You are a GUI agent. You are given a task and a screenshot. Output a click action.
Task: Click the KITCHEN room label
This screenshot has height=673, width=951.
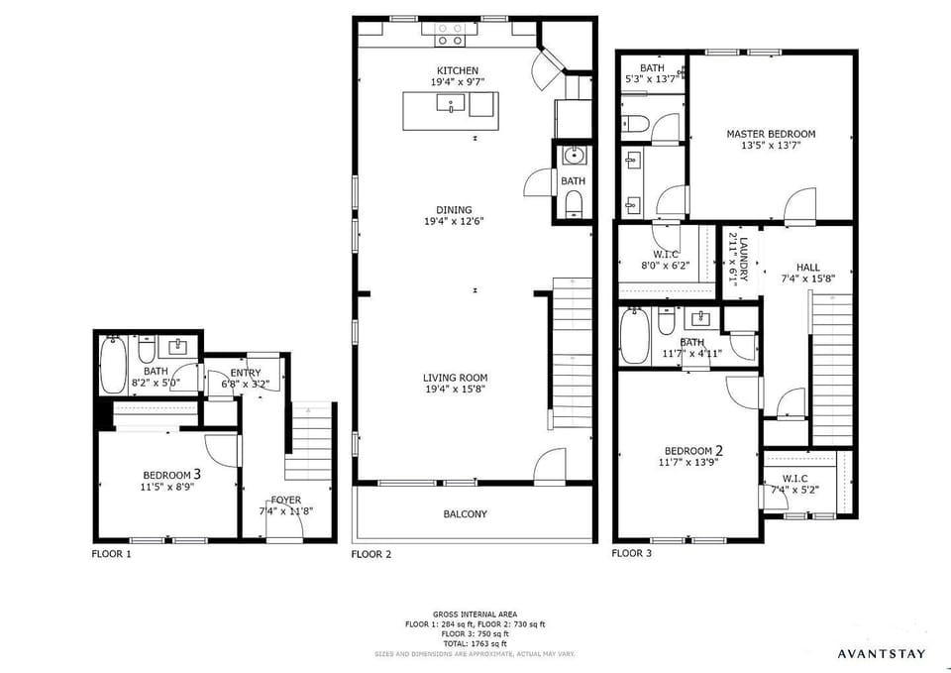click(458, 70)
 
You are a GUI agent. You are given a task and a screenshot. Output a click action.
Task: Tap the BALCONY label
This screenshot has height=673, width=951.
click(465, 514)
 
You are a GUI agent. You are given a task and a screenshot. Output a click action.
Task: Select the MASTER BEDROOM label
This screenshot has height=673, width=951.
click(771, 134)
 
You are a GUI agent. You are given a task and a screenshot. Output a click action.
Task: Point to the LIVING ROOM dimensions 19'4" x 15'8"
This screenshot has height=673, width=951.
click(456, 390)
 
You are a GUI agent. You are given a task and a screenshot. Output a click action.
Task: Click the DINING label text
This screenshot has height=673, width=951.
click(454, 209)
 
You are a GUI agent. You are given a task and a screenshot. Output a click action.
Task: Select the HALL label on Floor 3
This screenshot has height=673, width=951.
click(807, 267)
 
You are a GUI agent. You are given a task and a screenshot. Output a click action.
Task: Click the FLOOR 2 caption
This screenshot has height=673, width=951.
click(371, 554)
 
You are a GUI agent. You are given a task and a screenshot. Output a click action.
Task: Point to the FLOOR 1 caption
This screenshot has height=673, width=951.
click(111, 554)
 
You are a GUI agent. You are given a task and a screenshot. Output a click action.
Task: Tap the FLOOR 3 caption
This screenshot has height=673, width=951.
click(632, 553)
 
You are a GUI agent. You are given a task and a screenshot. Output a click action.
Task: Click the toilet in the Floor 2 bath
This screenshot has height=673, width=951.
click(573, 203)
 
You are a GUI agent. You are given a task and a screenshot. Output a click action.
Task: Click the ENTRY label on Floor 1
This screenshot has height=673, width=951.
click(246, 373)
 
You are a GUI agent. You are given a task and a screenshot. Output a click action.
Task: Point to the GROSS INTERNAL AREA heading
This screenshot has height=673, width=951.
click(475, 615)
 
